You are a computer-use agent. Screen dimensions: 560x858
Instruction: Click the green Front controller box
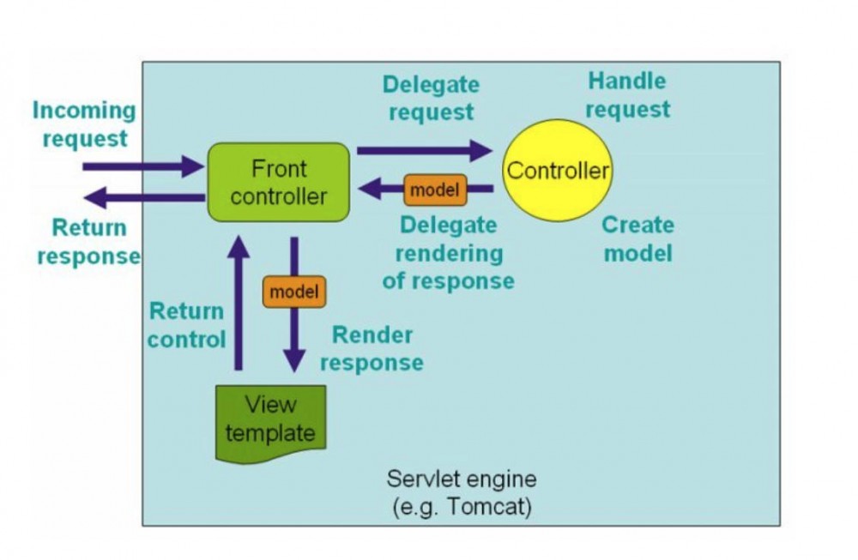[279, 182]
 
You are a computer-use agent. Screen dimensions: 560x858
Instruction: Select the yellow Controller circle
[558, 171]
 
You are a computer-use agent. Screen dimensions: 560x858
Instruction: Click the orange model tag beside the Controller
[435, 190]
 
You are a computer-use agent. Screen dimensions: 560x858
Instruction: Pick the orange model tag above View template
[294, 292]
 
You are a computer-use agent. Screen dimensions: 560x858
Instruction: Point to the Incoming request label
[84, 124]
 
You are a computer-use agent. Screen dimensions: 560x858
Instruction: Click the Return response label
[88, 242]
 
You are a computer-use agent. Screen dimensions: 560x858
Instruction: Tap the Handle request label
[627, 95]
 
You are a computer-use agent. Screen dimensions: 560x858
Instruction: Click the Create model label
[637, 238]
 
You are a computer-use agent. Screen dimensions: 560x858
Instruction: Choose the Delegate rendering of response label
[448, 253]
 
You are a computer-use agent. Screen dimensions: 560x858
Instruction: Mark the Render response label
[372, 348]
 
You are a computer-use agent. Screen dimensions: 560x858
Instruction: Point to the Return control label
[186, 325]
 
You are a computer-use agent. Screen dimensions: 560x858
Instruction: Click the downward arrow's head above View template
[294, 359]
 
